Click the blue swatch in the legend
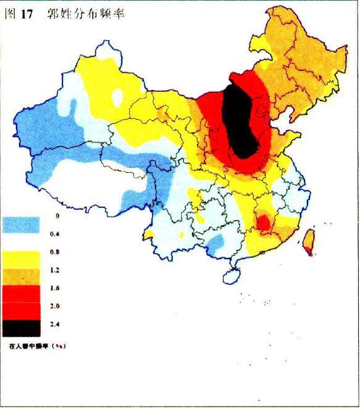click(x=21, y=225)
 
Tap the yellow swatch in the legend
click(x=21, y=259)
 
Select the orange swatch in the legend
click(x=21, y=276)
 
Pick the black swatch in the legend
click(x=21, y=328)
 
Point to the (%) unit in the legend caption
click(x=59, y=346)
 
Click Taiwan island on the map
click(x=309, y=242)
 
